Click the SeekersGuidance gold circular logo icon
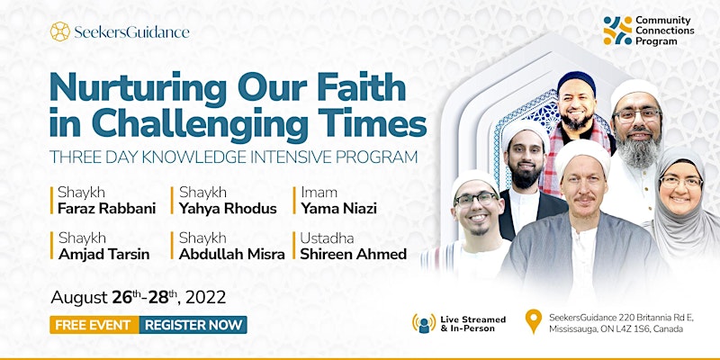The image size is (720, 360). tap(60, 31)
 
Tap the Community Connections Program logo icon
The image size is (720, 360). tap(617, 31)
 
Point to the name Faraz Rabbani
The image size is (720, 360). tap(106, 209)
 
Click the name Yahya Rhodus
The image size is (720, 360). tap(228, 209)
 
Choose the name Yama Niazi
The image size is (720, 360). tap(339, 209)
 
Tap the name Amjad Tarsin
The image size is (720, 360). tap(103, 255)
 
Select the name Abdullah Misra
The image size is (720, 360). tap(232, 255)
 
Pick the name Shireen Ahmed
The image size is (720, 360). tap(354, 255)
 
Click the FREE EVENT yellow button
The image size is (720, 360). tap(94, 325)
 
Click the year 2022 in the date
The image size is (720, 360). tap(206, 297)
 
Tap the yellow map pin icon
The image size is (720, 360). tap(533, 321)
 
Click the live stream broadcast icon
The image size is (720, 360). tap(424, 323)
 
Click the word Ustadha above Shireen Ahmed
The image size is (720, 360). tap(327, 238)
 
